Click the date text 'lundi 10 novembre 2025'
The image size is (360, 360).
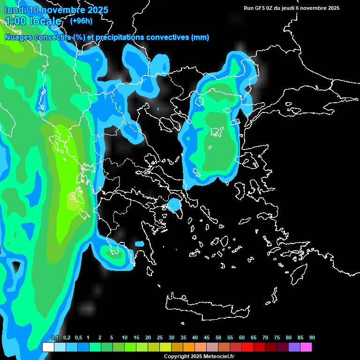pos(56,10)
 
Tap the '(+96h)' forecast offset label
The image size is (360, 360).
pos(81,21)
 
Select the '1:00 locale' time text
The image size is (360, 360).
pos(33,21)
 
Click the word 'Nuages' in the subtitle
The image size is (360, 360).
pos(18,37)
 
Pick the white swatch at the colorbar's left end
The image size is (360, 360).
pos(48,347)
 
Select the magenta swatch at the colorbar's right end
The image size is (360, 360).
pos(306,347)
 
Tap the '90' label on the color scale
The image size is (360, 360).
pos(312,338)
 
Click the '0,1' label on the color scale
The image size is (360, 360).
pos(55,338)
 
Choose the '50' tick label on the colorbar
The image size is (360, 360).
pos(218,338)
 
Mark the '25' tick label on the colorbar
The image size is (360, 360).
pos(160,338)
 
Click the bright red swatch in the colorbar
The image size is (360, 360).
pos(247,347)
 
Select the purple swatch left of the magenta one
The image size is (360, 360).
pos(294,347)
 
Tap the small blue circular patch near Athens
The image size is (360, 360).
pos(174,205)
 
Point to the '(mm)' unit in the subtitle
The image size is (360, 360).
pos(200,37)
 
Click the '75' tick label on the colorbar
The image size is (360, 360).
pos(277,338)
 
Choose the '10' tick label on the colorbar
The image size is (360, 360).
pos(125,338)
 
